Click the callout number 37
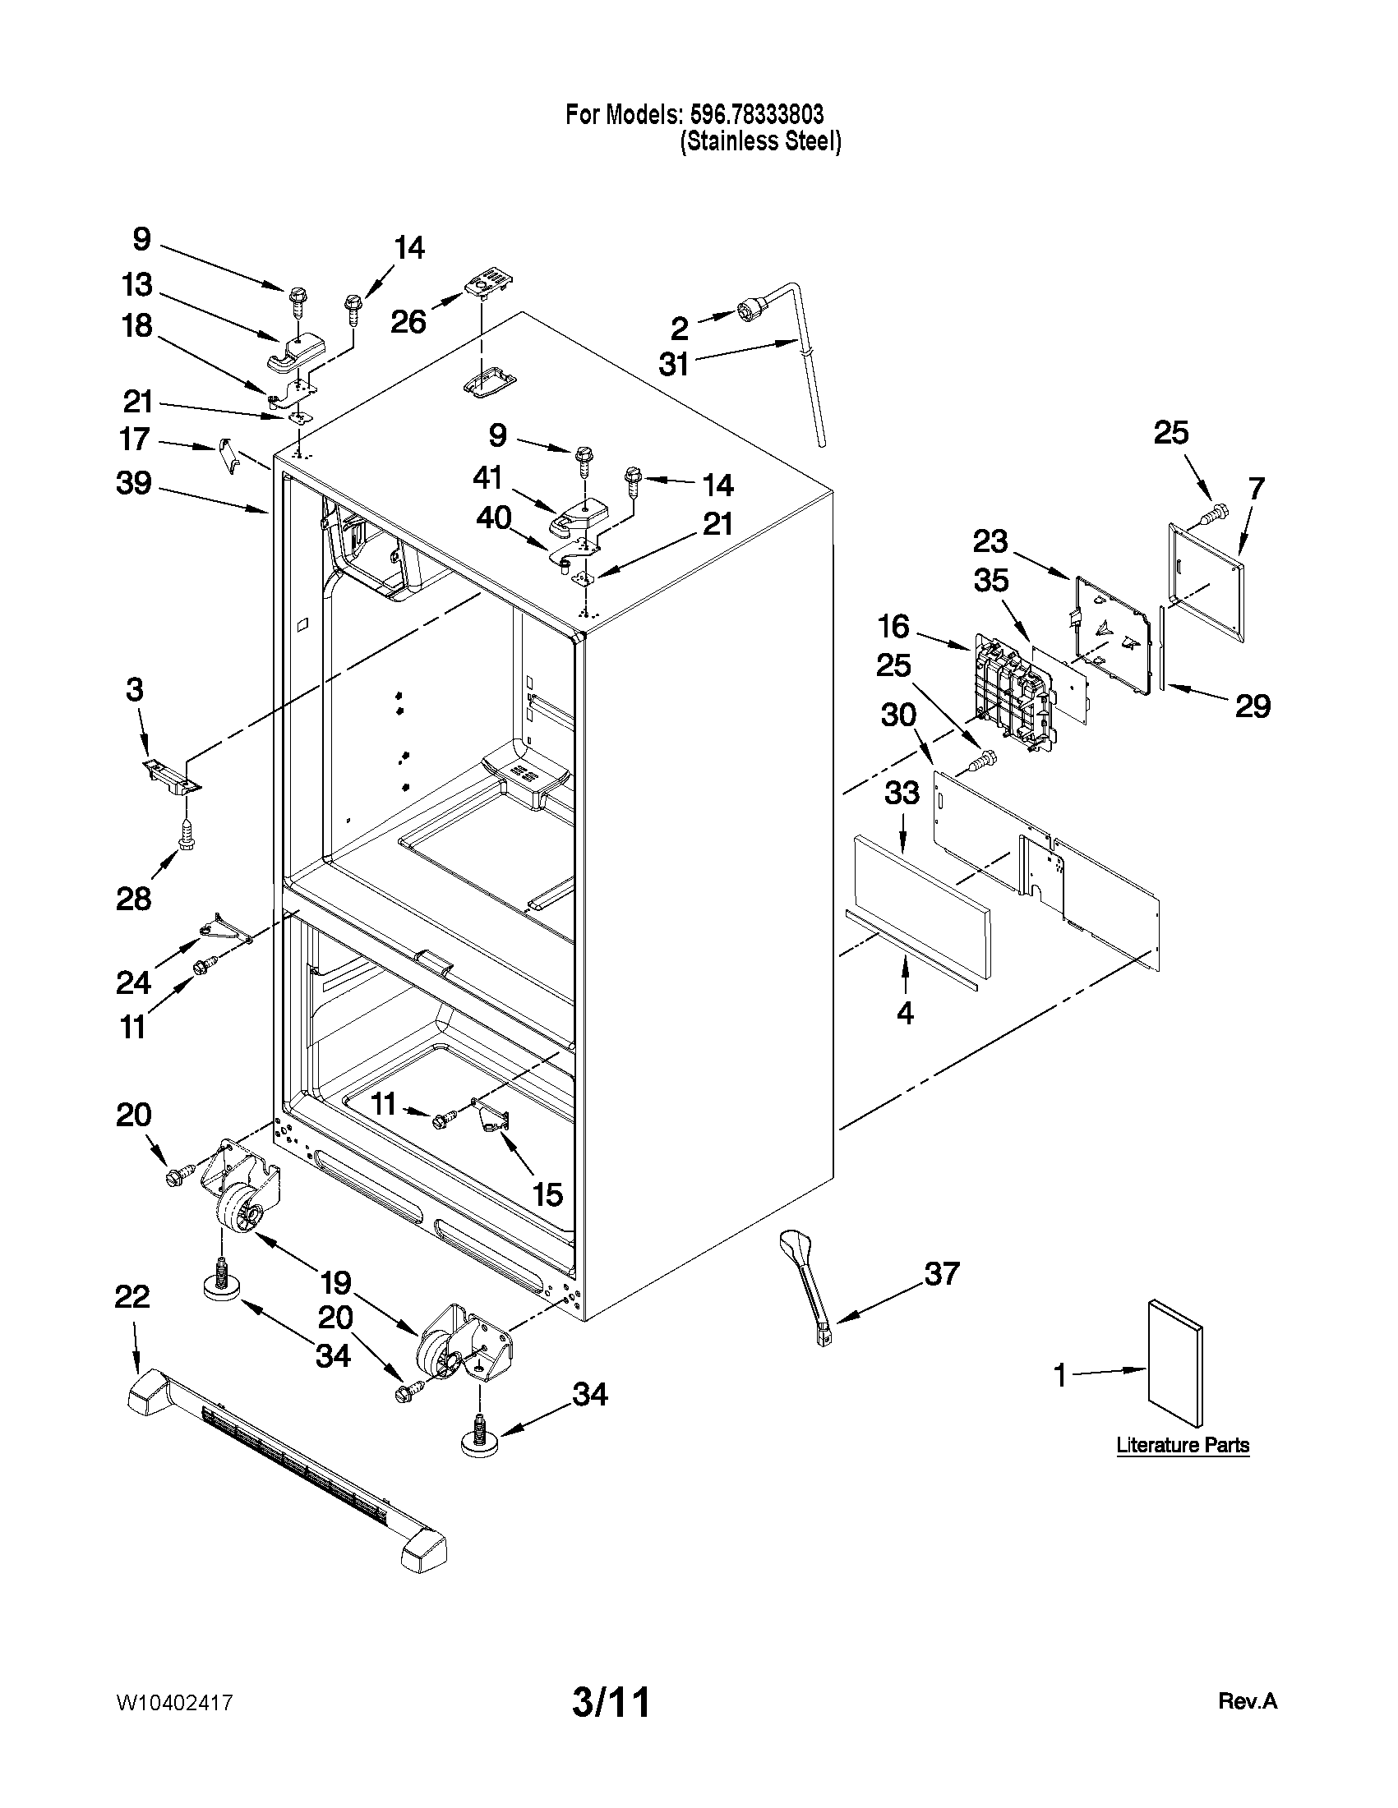[942, 1273]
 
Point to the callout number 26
[408, 321]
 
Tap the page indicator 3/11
[611, 1703]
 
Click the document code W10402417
[174, 1703]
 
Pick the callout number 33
[902, 793]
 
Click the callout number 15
[547, 1194]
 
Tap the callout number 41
[489, 478]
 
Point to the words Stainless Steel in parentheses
[760, 141]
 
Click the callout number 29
[1253, 706]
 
